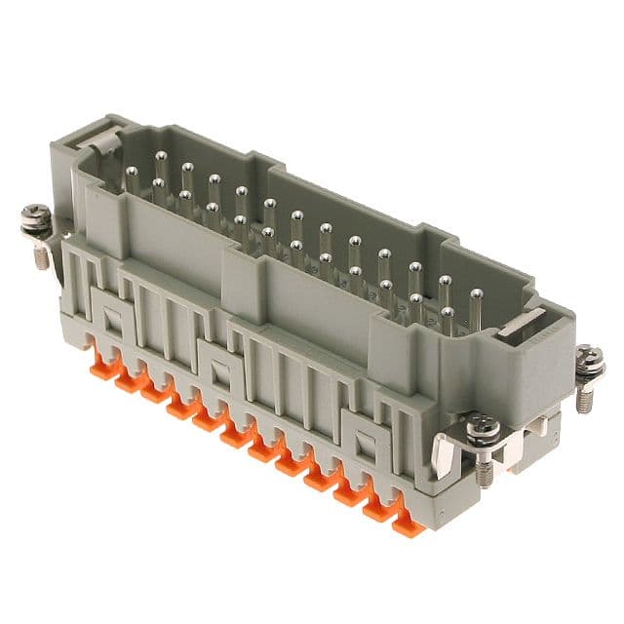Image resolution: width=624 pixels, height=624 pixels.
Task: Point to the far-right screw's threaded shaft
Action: coord(586,398)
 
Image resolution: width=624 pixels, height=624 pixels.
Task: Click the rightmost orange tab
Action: coord(403,522)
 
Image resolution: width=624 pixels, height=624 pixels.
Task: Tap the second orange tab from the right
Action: coord(377,507)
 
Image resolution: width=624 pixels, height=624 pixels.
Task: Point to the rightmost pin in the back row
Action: coord(476,292)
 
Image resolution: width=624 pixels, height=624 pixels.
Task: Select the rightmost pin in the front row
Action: coord(447,314)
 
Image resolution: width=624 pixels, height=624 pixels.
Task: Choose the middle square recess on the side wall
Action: coord(217,370)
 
